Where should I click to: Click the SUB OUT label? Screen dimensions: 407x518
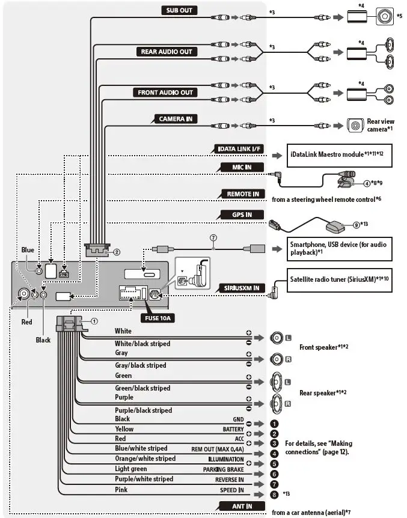179,10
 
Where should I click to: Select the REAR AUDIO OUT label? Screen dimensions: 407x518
167,52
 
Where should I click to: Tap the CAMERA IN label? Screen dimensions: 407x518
176,119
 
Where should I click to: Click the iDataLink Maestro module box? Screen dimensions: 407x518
339,155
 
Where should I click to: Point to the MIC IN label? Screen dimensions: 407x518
242,167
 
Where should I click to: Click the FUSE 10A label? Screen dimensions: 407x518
158,318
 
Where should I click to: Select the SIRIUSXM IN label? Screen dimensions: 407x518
242,288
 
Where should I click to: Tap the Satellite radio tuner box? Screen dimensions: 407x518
339,280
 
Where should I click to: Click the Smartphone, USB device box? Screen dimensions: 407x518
339,249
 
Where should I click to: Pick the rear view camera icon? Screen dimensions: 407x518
355,126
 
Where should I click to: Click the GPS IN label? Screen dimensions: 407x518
242,215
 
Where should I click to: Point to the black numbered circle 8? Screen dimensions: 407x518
274,495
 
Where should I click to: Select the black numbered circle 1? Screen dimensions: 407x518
274,424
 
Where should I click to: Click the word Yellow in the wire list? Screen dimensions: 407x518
124,429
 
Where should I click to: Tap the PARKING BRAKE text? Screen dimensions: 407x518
223,469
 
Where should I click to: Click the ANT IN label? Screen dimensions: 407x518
242,506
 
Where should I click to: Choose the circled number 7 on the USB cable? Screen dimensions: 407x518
213,238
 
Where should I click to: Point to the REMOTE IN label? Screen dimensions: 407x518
243,194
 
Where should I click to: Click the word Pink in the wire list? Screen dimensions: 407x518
121,490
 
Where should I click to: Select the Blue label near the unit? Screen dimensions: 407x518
28,250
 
